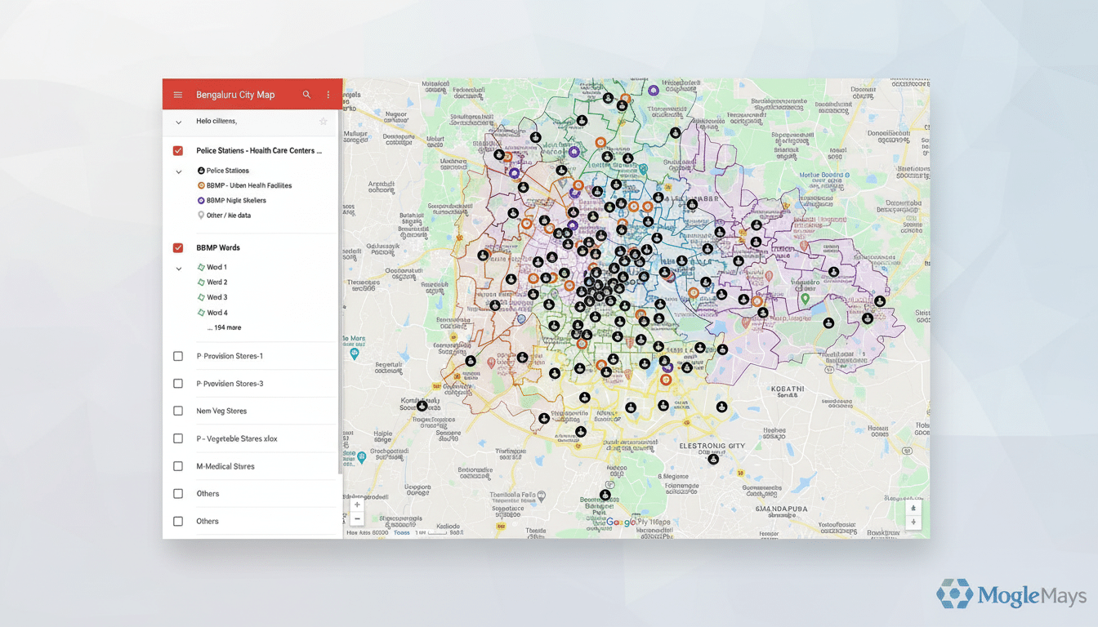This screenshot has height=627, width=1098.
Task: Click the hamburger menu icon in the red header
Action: coord(178,95)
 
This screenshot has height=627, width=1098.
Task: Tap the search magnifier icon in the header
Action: coord(306,95)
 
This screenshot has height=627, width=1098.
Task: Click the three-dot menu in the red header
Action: coord(328,95)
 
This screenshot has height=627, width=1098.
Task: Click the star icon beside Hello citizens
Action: coord(324,122)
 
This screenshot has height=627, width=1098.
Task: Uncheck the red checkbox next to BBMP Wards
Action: coord(178,248)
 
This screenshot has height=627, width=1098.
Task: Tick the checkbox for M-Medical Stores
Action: coord(178,466)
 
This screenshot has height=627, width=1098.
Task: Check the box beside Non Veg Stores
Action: coord(178,411)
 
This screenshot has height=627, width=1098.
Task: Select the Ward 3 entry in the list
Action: coord(216,297)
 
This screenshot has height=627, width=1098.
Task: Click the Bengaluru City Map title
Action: coord(235,95)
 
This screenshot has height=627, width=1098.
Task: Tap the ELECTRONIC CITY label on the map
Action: coord(712,447)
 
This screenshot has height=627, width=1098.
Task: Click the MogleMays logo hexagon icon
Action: coord(954,594)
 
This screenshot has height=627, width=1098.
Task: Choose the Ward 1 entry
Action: coord(216,268)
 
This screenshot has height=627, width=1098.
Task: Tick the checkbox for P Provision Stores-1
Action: coord(178,357)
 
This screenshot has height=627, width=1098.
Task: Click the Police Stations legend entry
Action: coord(227,171)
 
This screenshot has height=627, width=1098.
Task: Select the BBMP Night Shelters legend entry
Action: coord(235,201)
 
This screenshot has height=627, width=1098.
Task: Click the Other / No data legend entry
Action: coord(228,216)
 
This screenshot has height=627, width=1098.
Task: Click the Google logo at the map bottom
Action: coord(621,522)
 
